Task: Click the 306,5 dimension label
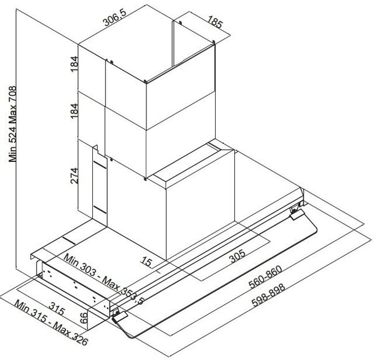click(x=115, y=17)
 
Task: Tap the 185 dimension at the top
click(x=214, y=22)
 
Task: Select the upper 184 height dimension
click(x=74, y=64)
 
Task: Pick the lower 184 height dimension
click(x=74, y=111)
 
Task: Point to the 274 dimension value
click(x=74, y=176)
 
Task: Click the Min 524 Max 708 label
click(x=12, y=124)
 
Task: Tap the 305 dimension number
click(x=237, y=256)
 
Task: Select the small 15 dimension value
click(x=146, y=262)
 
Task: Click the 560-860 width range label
click(x=266, y=277)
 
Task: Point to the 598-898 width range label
click(x=268, y=295)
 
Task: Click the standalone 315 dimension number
click(x=57, y=309)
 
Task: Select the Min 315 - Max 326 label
click(x=51, y=323)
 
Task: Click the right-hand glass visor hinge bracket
click(x=297, y=213)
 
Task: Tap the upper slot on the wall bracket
click(x=100, y=165)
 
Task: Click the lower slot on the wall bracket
click(x=100, y=209)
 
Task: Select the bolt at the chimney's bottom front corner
click(x=145, y=179)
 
